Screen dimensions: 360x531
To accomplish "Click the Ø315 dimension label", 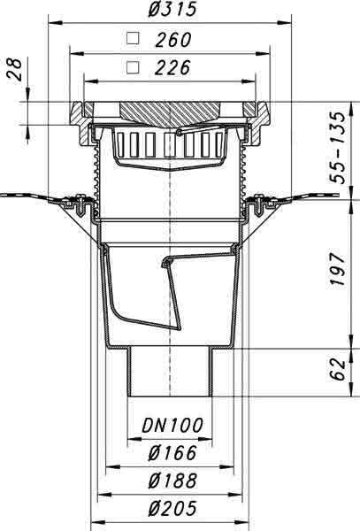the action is (172, 9).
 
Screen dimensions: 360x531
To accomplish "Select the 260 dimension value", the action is (173, 40).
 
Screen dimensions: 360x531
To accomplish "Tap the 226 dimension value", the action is (172, 68).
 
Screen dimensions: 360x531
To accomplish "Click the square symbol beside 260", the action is (133, 38).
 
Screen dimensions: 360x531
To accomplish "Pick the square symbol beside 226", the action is (133, 67).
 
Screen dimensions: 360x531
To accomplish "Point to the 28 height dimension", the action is (15, 69).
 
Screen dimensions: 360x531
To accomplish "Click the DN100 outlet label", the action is (172, 426).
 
